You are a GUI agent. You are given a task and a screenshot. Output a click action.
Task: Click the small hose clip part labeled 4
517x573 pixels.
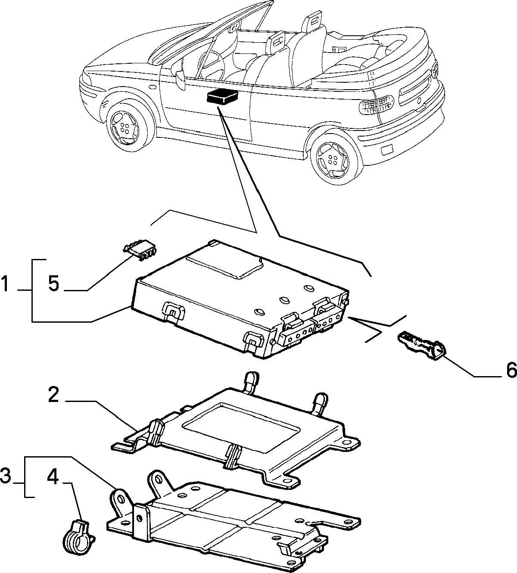78,532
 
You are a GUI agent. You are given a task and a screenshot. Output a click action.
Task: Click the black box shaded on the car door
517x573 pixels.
222,96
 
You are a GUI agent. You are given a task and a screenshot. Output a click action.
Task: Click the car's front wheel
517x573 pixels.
127,127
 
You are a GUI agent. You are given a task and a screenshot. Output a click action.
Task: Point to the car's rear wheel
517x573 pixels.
334,160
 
